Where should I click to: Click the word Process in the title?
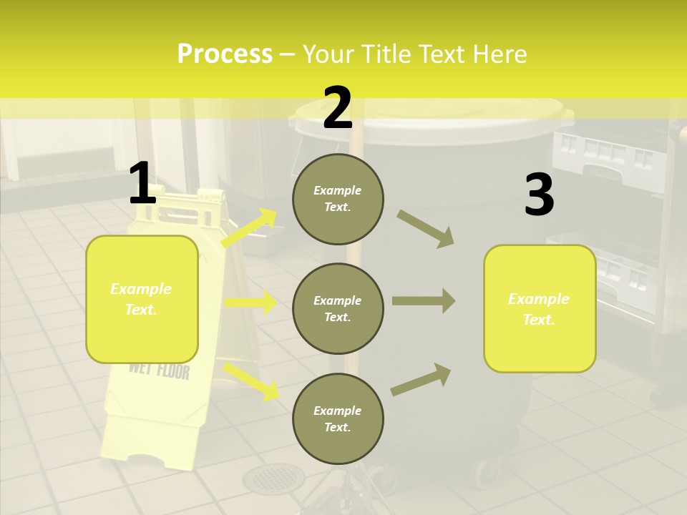click(x=225, y=54)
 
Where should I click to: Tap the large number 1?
click(x=142, y=184)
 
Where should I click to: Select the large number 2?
click(x=338, y=108)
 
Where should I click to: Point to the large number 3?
click(x=539, y=195)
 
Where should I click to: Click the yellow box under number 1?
click(x=142, y=299)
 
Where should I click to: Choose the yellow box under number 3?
click(x=540, y=308)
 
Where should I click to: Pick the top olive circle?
click(x=338, y=199)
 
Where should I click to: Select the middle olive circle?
click(x=338, y=308)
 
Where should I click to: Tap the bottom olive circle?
click(x=338, y=418)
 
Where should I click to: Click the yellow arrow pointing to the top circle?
click(x=250, y=228)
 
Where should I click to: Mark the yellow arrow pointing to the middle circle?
click(x=250, y=303)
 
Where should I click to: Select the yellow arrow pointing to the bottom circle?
click(x=252, y=380)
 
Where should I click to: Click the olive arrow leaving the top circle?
click(x=426, y=228)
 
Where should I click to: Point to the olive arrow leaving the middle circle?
click(x=424, y=300)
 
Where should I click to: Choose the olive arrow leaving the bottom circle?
click(x=422, y=378)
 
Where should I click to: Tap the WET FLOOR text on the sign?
click(x=159, y=371)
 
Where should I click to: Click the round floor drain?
click(x=273, y=478)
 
